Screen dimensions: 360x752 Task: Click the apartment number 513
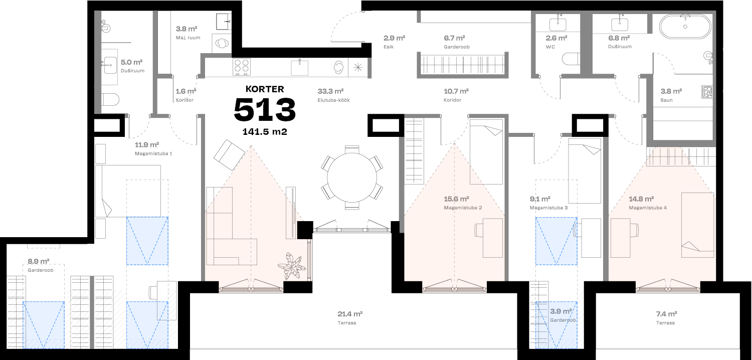click(x=265, y=110)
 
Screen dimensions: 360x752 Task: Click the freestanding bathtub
click(x=685, y=26)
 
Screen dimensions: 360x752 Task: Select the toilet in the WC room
click(x=570, y=60)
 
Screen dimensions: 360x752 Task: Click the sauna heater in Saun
click(x=707, y=92)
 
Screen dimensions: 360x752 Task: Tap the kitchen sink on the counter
click(x=300, y=66)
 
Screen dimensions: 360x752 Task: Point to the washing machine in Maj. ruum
click(x=221, y=43)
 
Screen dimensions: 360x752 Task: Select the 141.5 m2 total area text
click(x=265, y=132)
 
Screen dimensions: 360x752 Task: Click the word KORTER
click(x=265, y=89)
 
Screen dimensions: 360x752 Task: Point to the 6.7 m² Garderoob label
click(x=456, y=42)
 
